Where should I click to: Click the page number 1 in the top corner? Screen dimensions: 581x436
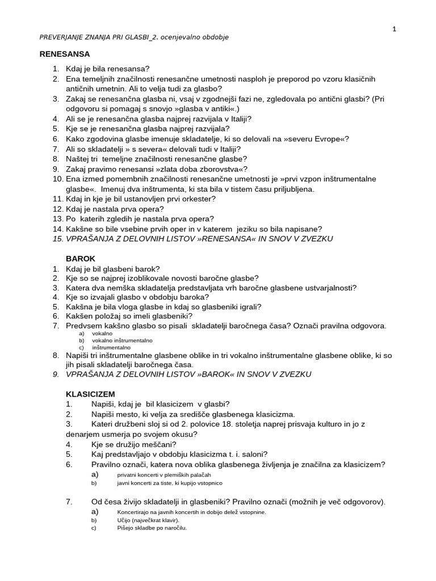(x=393, y=30)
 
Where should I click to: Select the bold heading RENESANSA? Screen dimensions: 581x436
(x=65, y=54)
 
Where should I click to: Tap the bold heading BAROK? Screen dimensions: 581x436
(x=81, y=258)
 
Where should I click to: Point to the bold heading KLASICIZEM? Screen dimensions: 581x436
(x=90, y=393)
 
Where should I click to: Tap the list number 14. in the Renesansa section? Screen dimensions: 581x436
(x=57, y=229)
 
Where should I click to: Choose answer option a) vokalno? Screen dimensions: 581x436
(x=102, y=334)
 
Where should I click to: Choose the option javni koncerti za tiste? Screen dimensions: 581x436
(x=170, y=483)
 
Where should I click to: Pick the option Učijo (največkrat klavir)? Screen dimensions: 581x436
(x=148, y=520)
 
